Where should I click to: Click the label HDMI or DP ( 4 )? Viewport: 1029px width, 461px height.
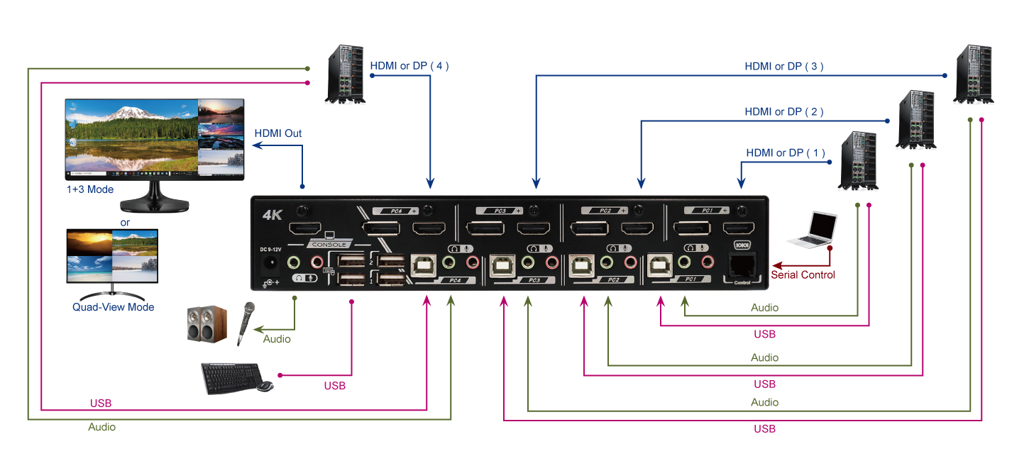tap(409, 66)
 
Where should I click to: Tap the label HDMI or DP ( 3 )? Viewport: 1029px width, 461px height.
tap(784, 67)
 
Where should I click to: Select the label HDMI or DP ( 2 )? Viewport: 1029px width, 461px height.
tap(784, 112)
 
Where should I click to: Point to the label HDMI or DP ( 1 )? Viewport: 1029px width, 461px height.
tap(786, 152)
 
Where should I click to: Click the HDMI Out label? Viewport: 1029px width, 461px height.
tap(277, 133)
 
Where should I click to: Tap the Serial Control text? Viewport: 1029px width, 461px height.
tap(803, 275)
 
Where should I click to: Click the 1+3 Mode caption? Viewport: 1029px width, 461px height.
tap(89, 190)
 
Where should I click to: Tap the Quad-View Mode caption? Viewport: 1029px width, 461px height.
tap(114, 307)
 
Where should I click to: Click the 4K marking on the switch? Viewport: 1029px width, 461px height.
tap(273, 214)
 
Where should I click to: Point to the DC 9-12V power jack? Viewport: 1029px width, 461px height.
tap(270, 264)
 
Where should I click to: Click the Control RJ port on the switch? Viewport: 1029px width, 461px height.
tap(742, 265)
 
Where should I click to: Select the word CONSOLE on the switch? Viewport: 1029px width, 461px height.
tap(328, 245)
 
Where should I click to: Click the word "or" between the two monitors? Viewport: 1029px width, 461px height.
tap(125, 222)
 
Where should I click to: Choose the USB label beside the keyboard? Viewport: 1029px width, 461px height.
tap(335, 386)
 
